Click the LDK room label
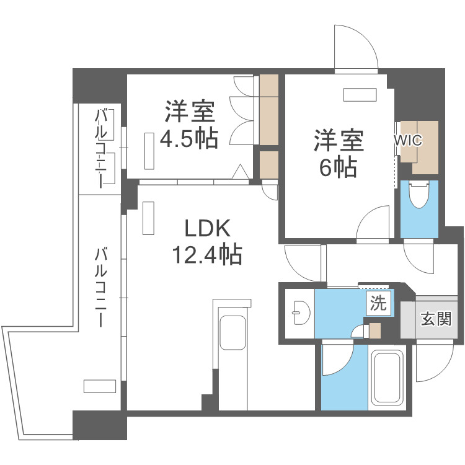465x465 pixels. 207,228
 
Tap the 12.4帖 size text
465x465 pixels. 207,254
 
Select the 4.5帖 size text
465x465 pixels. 189,138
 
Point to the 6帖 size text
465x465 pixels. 338,167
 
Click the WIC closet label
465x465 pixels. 408,140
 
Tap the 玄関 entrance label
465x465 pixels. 436,319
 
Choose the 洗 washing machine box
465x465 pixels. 378,303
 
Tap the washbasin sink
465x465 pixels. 301,312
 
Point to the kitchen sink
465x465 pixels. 232,332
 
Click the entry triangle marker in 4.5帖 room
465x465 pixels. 240,172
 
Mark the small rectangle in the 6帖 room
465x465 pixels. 360,95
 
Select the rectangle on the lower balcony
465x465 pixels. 99,386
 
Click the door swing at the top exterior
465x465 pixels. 356,48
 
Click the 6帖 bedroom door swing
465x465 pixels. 373,222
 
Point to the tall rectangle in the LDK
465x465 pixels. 148,218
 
